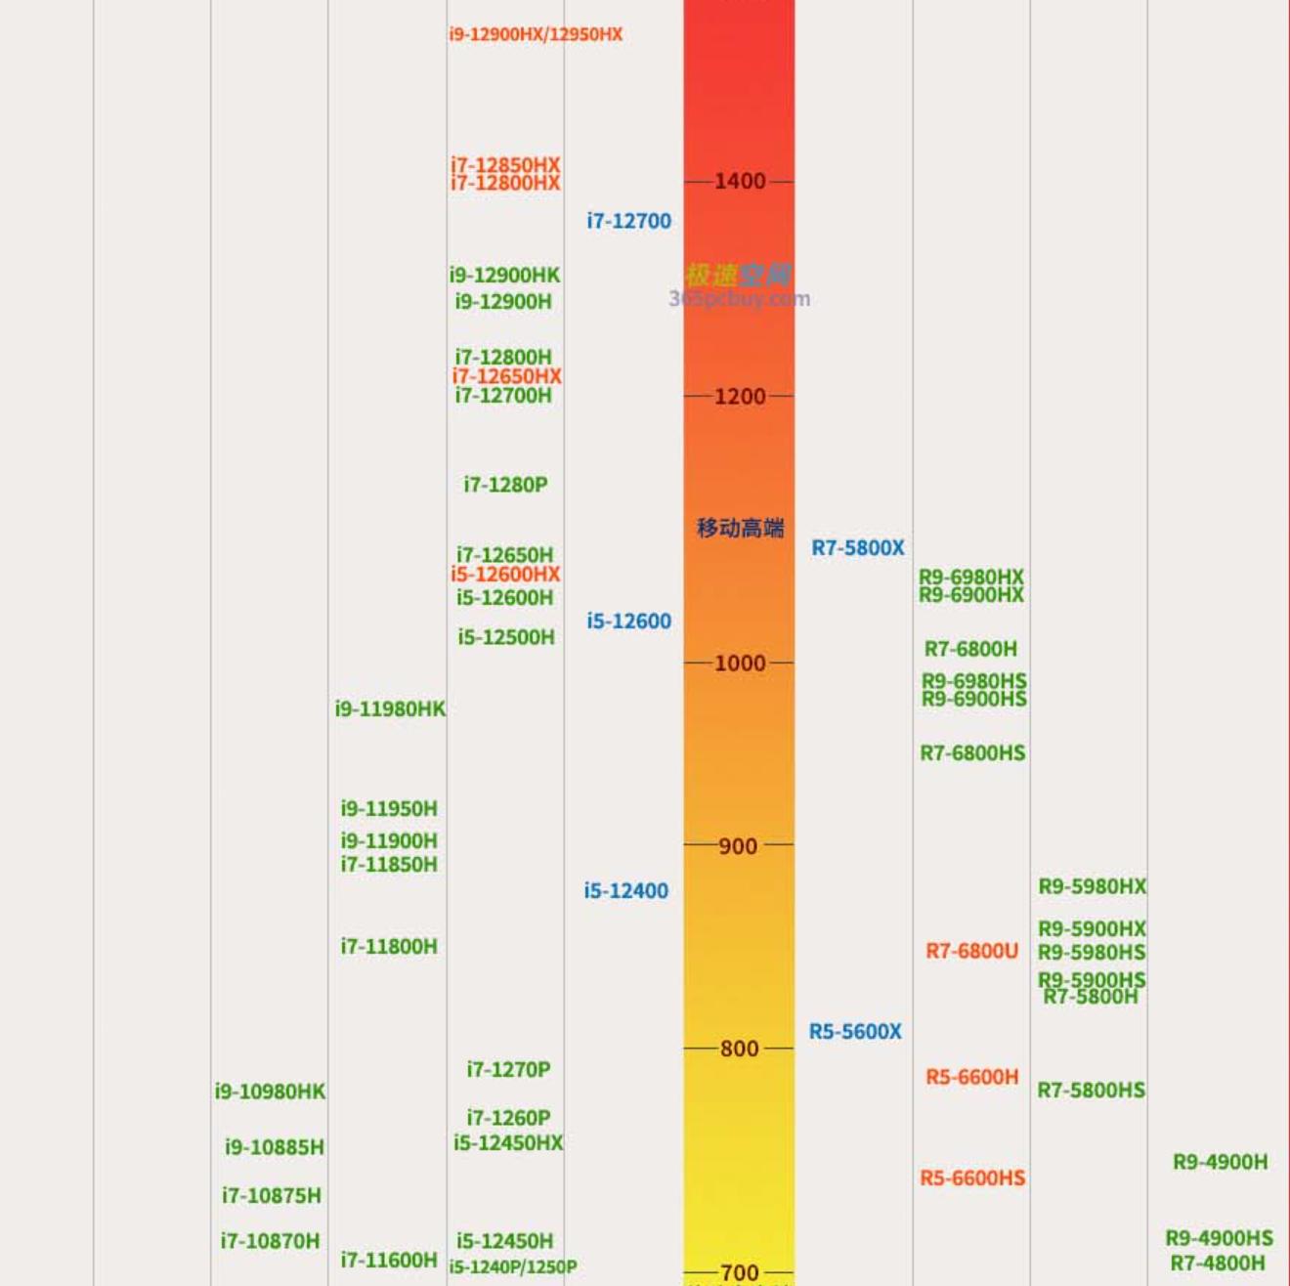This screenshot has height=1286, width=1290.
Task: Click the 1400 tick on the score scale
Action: pyautogui.click(x=740, y=181)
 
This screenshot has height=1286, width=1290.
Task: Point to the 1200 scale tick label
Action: pyautogui.click(x=740, y=396)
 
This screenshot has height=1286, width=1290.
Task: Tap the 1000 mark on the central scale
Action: pyautogui.click(x=740, y=663)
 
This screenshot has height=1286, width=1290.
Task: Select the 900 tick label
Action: pyautogui.click(x=739, y=845)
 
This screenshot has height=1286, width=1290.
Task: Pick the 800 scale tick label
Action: pyautogui.click(x=739, y=1049)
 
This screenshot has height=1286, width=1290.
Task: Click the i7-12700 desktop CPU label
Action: pyautogui.click(x=628, y=221)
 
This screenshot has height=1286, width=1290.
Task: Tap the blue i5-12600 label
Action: pyautogui.click(x=628, y=621)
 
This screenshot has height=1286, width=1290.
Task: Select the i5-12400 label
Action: pyautogui.click(x=625, y=890)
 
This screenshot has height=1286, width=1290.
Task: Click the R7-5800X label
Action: pyautogui.click(x=858, y=547)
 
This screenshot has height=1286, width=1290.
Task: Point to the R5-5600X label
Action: pyautogui.click(x=855, y=1031)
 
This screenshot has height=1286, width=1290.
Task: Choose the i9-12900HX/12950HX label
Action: pyautogui.click(x=536, y=34)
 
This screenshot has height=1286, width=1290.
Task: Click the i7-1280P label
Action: pyautogui.click(x=505, y=484)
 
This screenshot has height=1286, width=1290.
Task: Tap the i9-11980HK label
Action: pyautogui.click(x=390, y=708)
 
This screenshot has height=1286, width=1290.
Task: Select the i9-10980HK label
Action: pyautogui.click(x=270, y=1091)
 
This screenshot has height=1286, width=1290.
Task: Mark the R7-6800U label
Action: pyautogui.click(x=971, y=951)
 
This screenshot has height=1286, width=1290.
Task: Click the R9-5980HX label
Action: pyautogui.click(x=1092, y=886)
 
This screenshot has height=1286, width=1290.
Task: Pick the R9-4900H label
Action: pyautogui.click(x=1220, y=1162)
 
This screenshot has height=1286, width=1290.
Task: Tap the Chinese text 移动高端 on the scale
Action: pyautogui.click(x=740, y=528)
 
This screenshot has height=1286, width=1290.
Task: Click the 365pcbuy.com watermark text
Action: pyautogui.click(x=740, y=299)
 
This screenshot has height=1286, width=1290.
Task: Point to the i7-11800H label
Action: pyautogui.click(x=389, y=946)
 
